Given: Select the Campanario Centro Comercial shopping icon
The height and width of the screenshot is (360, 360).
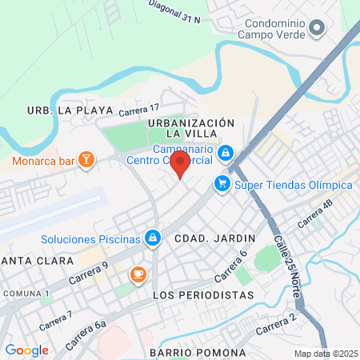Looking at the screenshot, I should point(226,151).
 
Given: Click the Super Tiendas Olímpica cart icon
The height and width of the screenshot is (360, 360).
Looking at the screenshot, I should point(222,185).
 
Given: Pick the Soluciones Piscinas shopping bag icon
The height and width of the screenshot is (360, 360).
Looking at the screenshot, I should point(152,238).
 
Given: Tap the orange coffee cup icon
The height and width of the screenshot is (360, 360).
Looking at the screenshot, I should point(138,274).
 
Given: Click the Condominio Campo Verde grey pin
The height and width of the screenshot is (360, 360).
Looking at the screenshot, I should point(318,30).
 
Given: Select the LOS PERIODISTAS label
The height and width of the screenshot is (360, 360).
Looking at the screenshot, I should point(202,295).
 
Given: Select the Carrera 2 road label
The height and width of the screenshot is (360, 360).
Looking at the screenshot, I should point(276,325).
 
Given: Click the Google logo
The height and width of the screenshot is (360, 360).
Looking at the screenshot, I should point(26,350).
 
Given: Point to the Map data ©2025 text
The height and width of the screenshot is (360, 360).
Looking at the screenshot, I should point(326,354).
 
